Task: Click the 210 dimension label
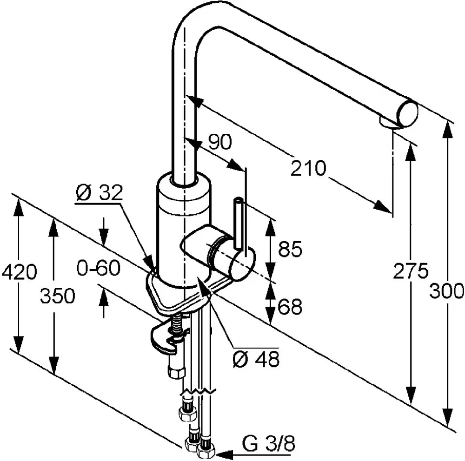tap(308, 168)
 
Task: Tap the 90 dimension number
tap(220, 142)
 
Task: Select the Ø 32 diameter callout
tap(99, 193)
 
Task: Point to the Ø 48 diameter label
tap(256, 359)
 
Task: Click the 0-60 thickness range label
tap(99, 268)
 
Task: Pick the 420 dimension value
tap(19, 272)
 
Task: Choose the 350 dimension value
tap(58, 296)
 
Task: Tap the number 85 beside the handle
tap(290, 249)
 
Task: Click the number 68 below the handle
tap(290, 307)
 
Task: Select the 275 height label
tap(411, 270)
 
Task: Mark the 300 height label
tap(446, 291)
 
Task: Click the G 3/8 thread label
tap(269, 443)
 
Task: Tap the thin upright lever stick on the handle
tap(239, 224)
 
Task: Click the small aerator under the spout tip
tap(388, 123)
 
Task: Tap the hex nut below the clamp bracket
tap(176, 372)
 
